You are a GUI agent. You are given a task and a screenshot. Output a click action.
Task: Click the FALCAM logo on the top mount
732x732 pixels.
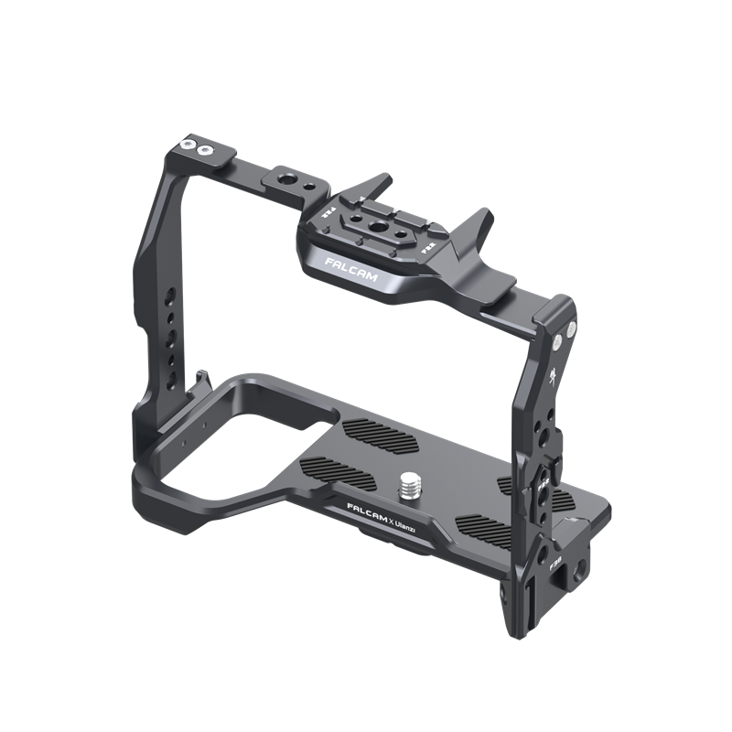coord(347,267)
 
